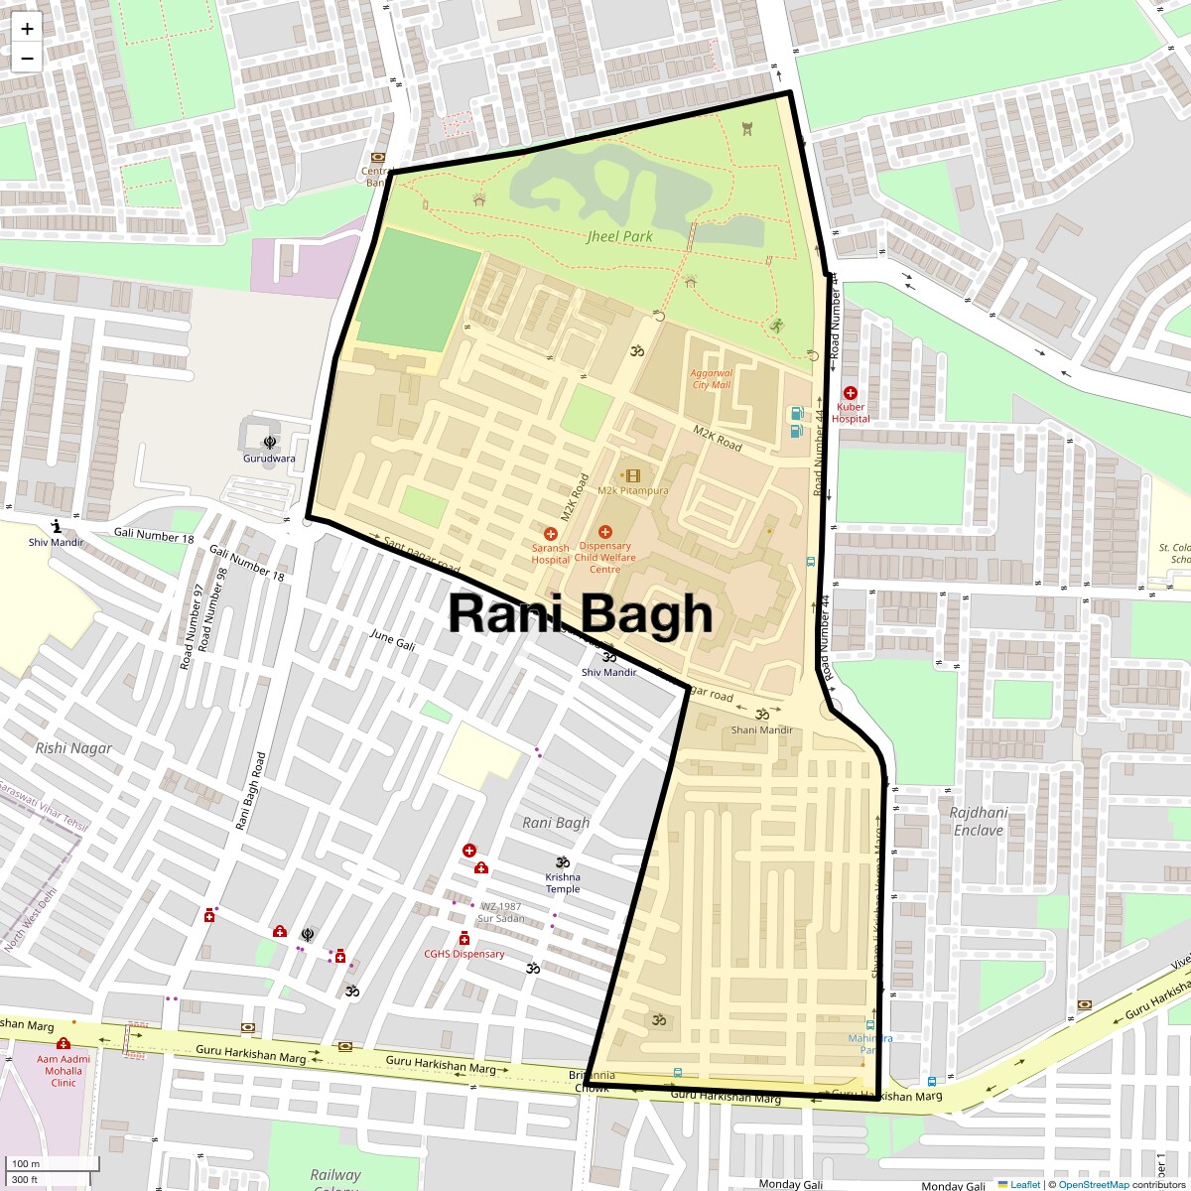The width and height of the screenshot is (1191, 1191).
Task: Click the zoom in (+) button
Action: pyautogui.click(x=27, y=29)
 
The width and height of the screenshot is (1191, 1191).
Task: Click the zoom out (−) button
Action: pyautogui.click(x=27, y=58)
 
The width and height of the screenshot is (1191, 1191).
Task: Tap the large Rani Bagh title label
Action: pyautogui.click(x=581, y=613)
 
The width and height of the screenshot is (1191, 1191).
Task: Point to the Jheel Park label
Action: pyautogui.click(x=619, y=236)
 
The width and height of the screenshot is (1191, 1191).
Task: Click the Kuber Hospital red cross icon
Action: pyautogui.click(x=851, y=393)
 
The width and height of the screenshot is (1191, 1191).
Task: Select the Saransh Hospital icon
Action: pyautogui.click(x=551, y=534)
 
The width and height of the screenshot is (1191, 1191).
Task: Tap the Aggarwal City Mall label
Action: pyautogui.click(x=711, y=379)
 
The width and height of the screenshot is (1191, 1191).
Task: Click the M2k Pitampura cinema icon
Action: pyautogui.click(x=632, y=476)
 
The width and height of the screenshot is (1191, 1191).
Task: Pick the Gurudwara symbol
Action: pyautogui.click(x=269, y=443)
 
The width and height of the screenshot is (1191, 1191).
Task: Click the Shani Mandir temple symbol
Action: pyautogui.click(x=762, y=715)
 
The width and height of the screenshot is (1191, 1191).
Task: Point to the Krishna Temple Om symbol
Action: pyautogui.click(x=563, y=861)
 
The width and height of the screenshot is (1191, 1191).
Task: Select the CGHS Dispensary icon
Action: pyautogui.click(x=463, y=939)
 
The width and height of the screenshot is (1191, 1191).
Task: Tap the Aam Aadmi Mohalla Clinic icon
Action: pyautogui.click(x=64, y=1043)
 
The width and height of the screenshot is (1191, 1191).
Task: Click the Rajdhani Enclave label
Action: pyautogui.click(x=979, y=821)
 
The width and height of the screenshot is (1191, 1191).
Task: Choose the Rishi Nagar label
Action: pyautogui.click(x=73, y=747)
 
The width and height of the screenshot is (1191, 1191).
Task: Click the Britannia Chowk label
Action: pyautogui.click(x=593, y=1082)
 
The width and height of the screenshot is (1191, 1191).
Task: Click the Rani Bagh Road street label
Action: pyautogui.click(x=250, y=791)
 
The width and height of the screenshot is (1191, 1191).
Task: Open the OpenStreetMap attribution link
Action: pyautogui.click(x=1093, y=1184)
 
